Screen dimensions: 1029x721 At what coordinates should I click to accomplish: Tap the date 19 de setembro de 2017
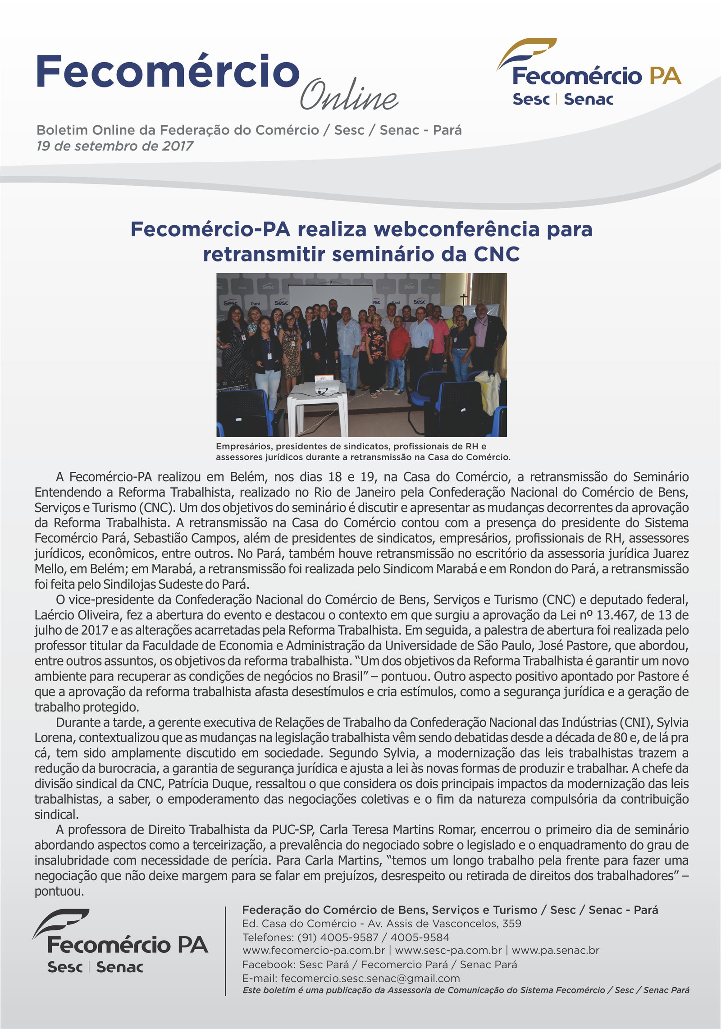(x=115, y=146)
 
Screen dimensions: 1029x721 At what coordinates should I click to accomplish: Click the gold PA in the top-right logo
(x=665, y=76)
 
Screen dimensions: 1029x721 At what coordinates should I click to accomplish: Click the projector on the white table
(x=326, y=385)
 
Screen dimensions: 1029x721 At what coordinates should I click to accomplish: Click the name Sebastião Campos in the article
(x=187, y=538)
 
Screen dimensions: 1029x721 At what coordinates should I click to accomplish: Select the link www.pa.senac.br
(x=555, y=950)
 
